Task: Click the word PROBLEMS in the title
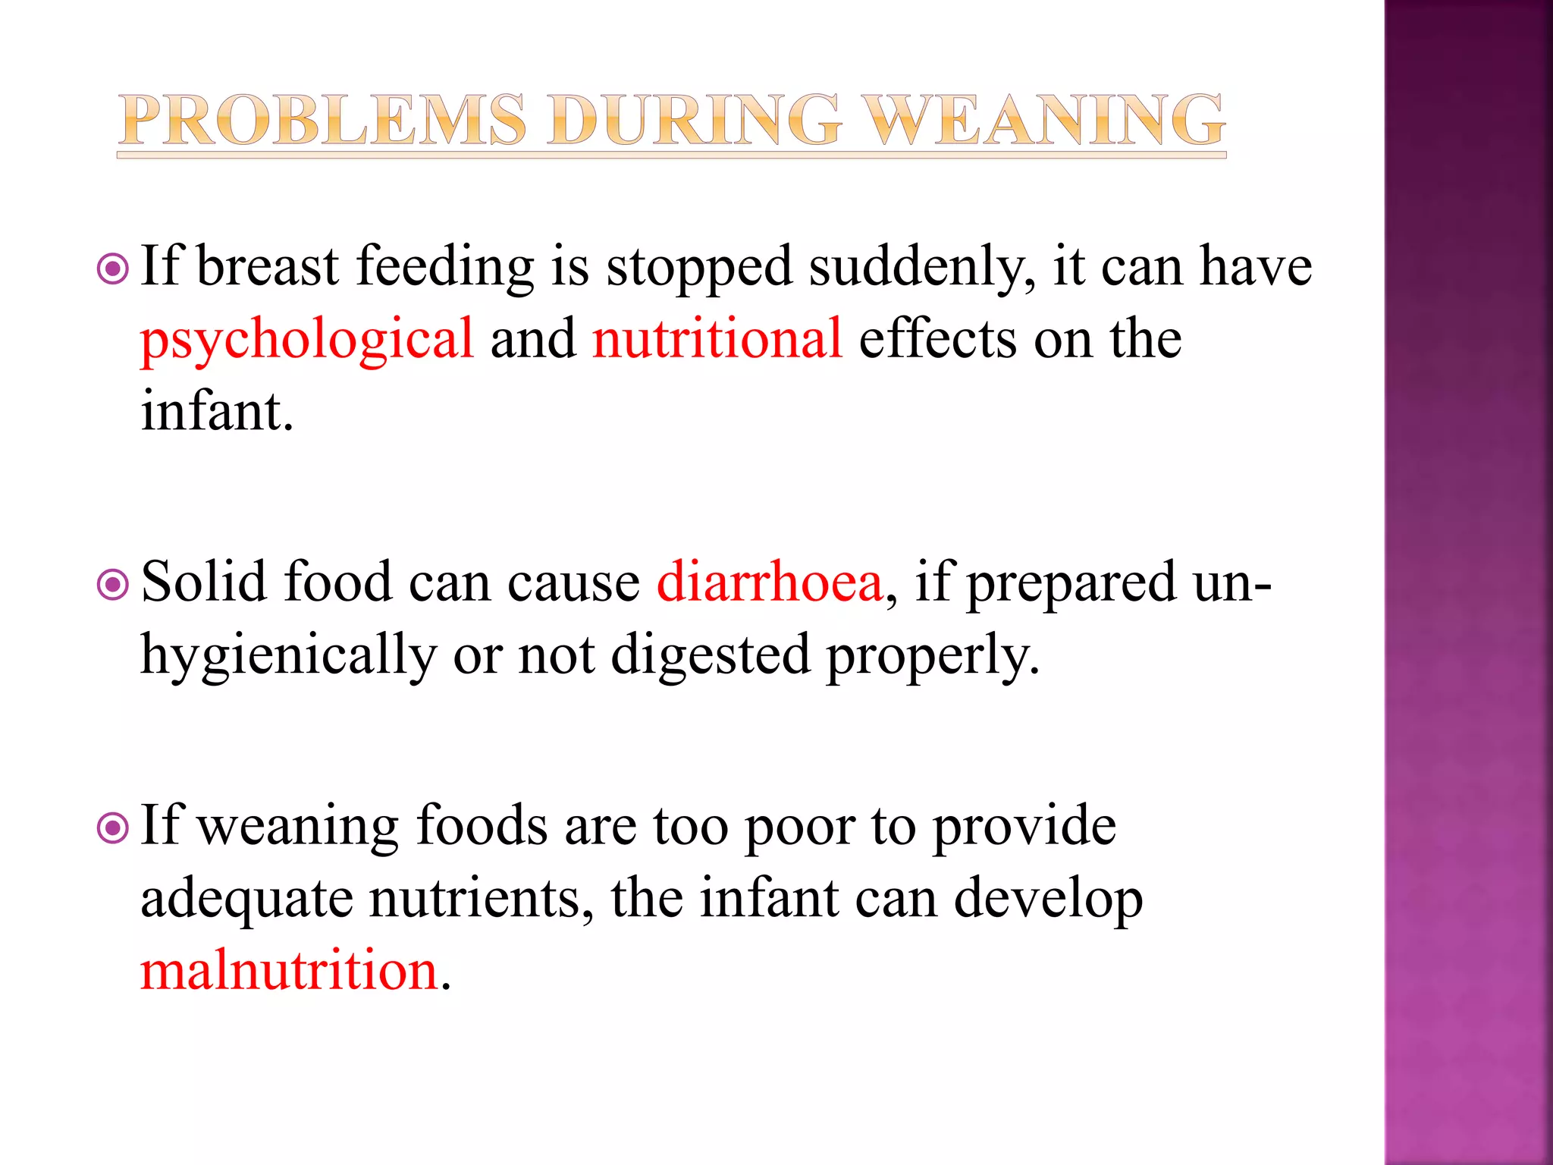(323, 121)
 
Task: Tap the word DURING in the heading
(694, 121)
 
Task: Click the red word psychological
(307, 340)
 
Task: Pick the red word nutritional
(717, 338)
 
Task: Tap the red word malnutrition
(290, 971)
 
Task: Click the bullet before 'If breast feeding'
(113, 268)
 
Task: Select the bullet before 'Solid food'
(113, 585)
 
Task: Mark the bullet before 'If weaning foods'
(113, 828)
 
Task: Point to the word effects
(937, 338)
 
